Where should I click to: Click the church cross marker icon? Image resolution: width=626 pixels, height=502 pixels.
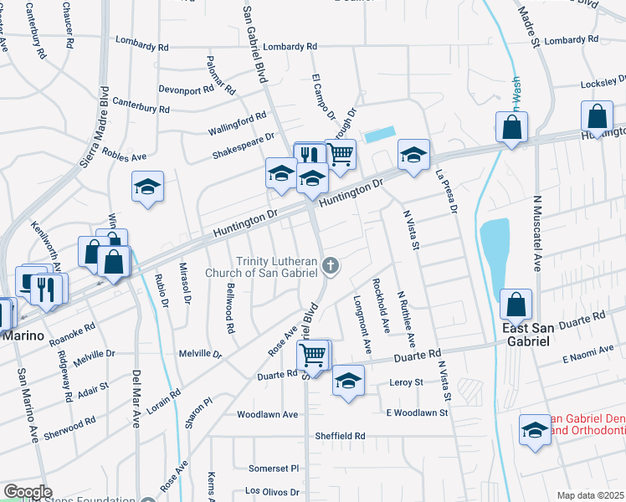[x=331, y=267]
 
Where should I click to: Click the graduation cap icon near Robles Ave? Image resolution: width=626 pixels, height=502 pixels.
[x=147, y=187]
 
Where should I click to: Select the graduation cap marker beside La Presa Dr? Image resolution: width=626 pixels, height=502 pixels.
[x=413, y=155]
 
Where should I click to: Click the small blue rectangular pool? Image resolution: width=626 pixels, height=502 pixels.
[x=379, y=134]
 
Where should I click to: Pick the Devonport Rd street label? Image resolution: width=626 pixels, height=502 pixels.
[x=186, y=90]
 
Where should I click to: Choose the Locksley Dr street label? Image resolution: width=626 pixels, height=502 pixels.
[x=603, y=84]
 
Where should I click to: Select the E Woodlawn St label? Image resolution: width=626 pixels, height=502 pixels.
[x=418, y=412]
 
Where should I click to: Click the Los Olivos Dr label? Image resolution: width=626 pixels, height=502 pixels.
[x=275, y=491]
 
